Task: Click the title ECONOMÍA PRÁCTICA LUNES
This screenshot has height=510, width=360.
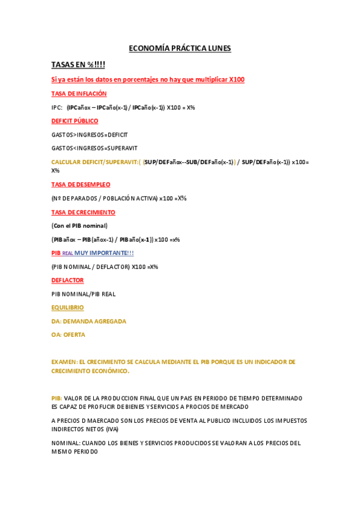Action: pos(180,48)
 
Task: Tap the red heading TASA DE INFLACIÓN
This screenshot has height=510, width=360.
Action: pos(79,94)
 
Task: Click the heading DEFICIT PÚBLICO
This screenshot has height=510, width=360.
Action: pos(75,121)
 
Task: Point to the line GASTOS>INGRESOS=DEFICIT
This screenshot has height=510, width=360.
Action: pos(90,135)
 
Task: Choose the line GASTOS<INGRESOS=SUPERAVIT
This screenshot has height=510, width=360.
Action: pos(94,148)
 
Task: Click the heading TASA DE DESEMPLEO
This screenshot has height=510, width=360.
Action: pos(81,185)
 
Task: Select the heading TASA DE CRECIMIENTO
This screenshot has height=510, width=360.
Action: pos(84,212)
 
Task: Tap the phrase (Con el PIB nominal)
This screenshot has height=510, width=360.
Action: pos(79,226)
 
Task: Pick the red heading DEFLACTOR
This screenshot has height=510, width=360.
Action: pos(67,280)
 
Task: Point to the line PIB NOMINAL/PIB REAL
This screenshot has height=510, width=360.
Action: pos(84,294)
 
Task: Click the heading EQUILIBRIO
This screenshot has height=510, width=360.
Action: pos(67,307)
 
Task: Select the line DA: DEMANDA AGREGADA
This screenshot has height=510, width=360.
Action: pos(89,321)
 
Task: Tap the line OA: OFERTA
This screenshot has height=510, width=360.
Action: pos(69,334)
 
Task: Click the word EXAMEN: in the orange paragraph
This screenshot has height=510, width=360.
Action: pos(64,362)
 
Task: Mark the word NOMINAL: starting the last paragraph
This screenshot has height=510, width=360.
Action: pos(65,443)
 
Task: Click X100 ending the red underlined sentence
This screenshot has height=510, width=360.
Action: pos(237,80)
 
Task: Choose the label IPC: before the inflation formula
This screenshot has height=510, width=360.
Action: pos(57,108)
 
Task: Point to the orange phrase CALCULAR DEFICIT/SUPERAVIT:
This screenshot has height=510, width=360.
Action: pos(95,162)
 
